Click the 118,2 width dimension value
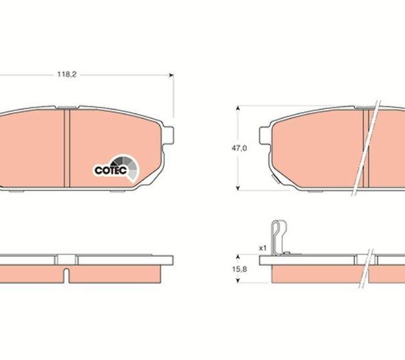67,74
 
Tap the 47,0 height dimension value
239,149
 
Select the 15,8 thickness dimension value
240,269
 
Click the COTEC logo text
111,170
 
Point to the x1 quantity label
263,249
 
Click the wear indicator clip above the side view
279,238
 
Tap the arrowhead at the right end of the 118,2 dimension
171,75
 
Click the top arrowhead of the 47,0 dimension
238,109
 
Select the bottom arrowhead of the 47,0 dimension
238,188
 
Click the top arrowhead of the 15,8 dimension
238,257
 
